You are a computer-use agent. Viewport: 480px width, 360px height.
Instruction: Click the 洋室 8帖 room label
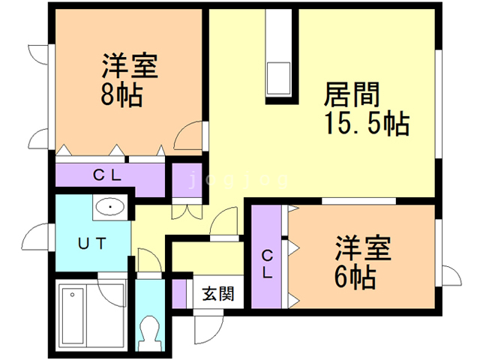(129, 80)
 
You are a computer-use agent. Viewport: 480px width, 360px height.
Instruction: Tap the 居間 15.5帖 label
(367, 109)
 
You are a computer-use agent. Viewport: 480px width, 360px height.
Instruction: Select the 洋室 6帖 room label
(363, 262)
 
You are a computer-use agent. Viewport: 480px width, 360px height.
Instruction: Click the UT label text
(91, 244)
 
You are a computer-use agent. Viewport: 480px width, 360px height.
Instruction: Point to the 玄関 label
(218, 293)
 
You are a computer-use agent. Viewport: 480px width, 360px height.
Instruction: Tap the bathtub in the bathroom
(73, 316)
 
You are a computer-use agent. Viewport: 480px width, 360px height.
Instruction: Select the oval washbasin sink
(110, 207)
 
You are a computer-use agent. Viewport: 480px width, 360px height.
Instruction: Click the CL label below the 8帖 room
(106, 175)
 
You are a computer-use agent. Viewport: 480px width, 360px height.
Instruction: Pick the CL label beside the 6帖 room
(267, 264)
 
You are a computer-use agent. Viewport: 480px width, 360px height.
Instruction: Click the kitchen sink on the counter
(278, 78)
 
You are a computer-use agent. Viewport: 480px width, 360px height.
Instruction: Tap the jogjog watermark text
(238, 180)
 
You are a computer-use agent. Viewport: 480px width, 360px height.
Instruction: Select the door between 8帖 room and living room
(187, 136)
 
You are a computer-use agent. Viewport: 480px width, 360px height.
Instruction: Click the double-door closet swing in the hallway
(187, 212)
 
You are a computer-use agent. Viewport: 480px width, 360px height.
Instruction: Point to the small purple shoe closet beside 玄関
(179, 293)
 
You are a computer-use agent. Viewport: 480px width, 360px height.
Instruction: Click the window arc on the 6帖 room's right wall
(451, 275)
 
